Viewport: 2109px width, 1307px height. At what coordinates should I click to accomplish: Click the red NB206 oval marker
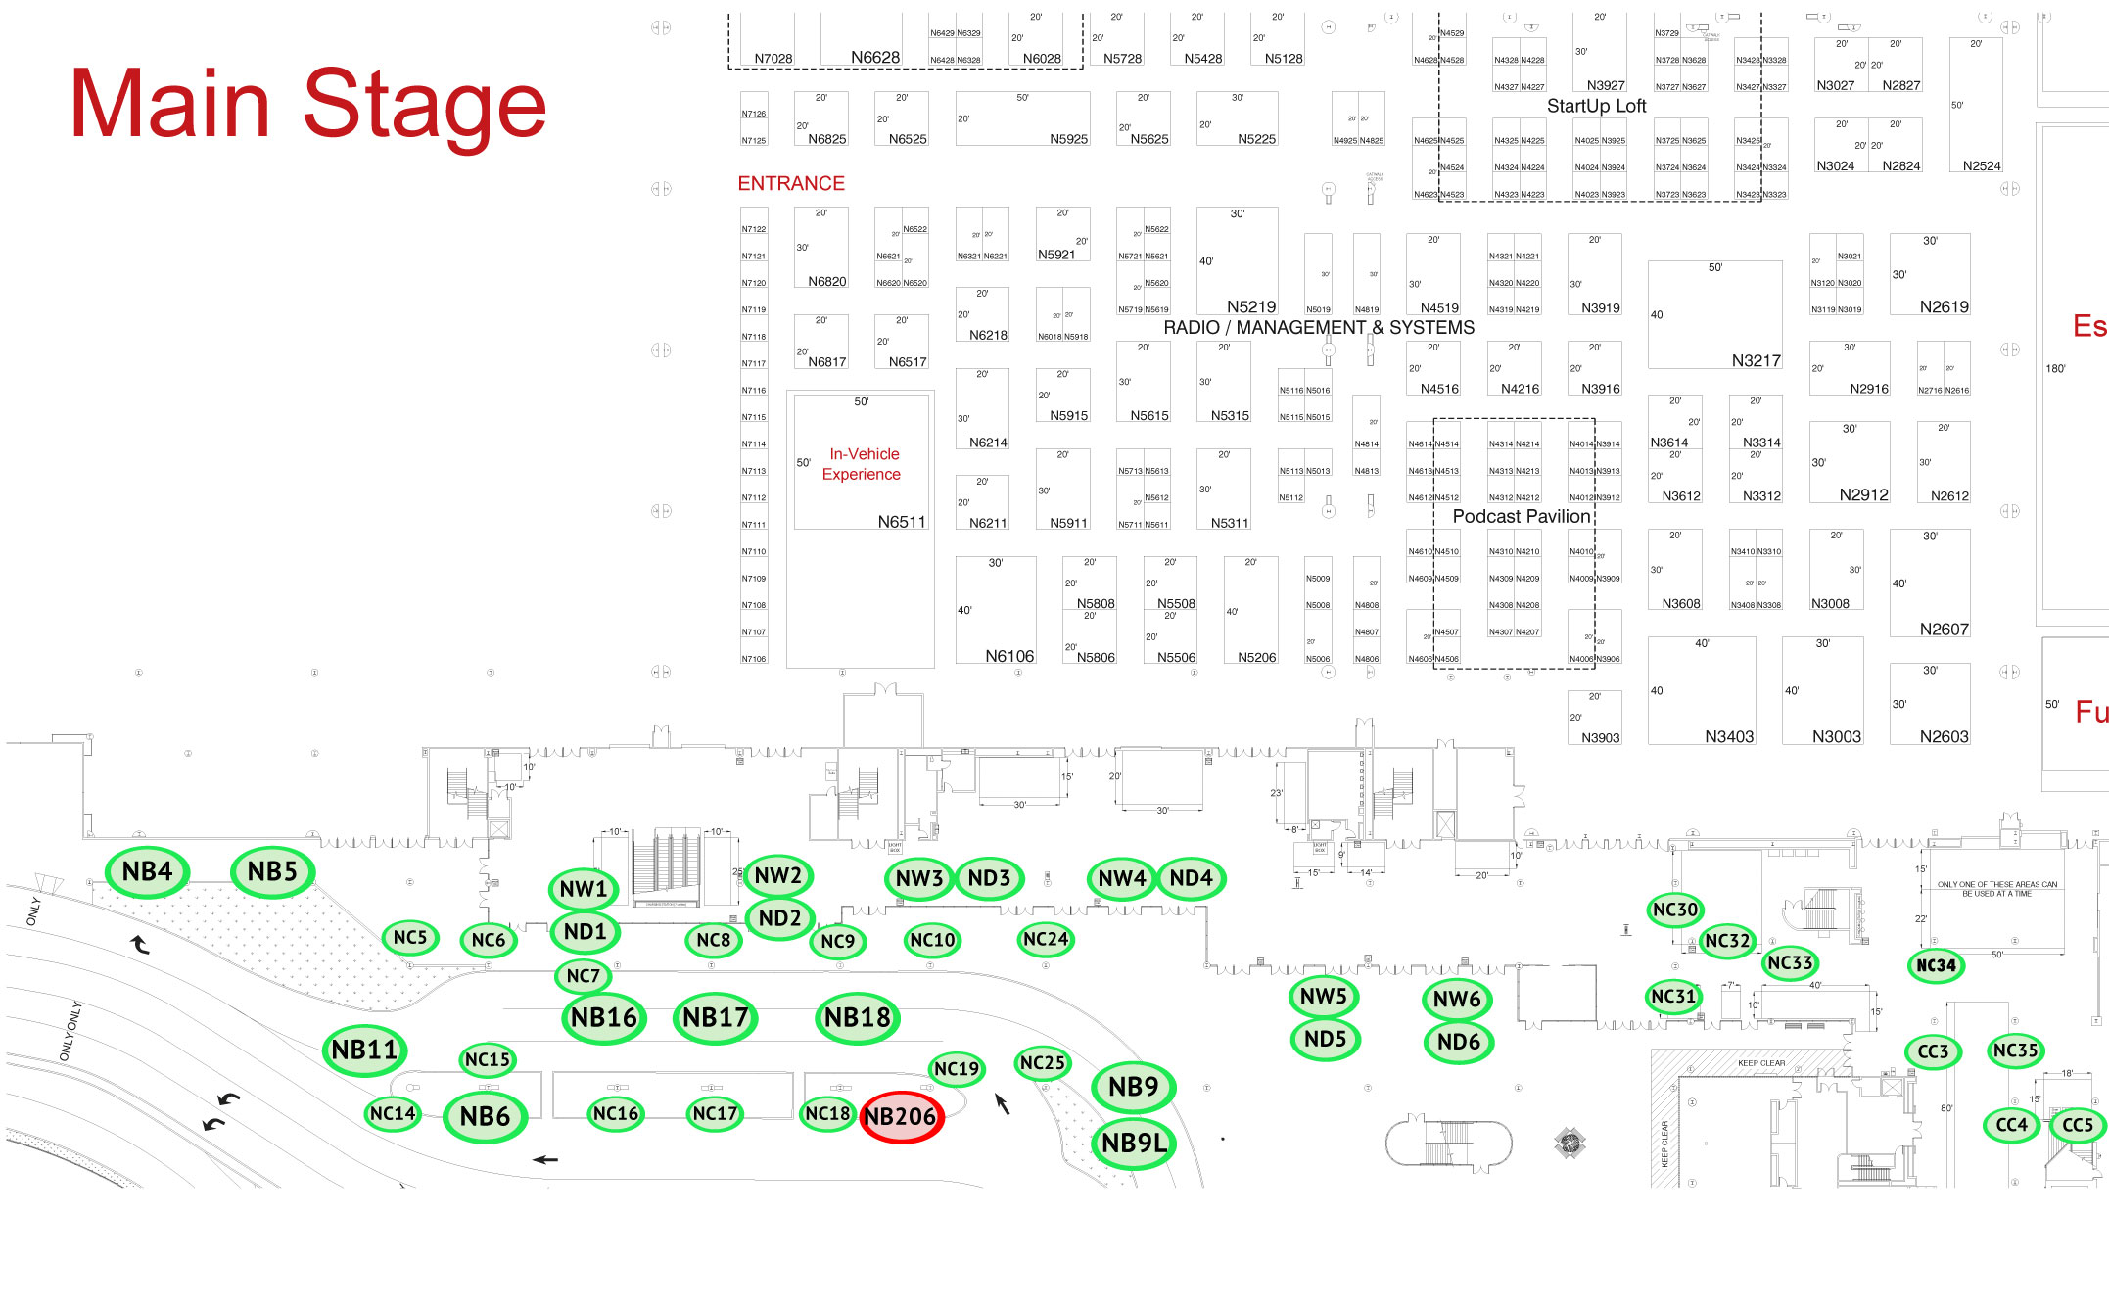click(901, 1117)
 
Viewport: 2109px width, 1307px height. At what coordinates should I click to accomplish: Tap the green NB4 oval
click(147, 871)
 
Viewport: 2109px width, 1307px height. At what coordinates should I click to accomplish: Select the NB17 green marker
click(716, 1018)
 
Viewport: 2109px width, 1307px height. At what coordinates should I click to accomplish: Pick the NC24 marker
click(1046, 940)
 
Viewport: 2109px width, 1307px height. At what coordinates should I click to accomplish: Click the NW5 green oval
click(1324, 997)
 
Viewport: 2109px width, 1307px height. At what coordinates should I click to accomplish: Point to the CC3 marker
click(1933, 1051)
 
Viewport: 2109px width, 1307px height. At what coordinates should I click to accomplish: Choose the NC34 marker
click(1936, 965)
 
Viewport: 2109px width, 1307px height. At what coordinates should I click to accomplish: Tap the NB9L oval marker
click(1134, 1144)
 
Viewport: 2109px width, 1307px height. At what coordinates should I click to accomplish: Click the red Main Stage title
click(307, 104)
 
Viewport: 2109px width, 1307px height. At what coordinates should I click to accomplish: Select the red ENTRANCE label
click(791, 184)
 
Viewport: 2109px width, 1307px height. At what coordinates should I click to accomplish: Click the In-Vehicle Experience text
click(862, 464)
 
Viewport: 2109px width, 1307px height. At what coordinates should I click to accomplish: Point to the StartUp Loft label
click(1596, 106)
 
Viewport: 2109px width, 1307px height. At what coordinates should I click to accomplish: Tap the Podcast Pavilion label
click(1521, 516)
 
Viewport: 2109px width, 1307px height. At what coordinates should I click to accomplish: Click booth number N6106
click(1009, 656)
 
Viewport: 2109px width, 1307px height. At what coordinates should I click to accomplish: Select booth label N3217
click(1756, 360)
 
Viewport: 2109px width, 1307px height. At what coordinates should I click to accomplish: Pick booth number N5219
click(1251, 306)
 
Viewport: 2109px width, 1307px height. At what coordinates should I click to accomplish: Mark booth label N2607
click(1944, 629)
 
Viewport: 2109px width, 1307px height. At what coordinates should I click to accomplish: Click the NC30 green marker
click(1675, 910)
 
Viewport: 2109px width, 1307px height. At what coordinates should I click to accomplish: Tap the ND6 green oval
click(1458, 1042)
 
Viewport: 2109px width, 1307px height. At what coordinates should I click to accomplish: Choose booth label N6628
click(874, 58)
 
